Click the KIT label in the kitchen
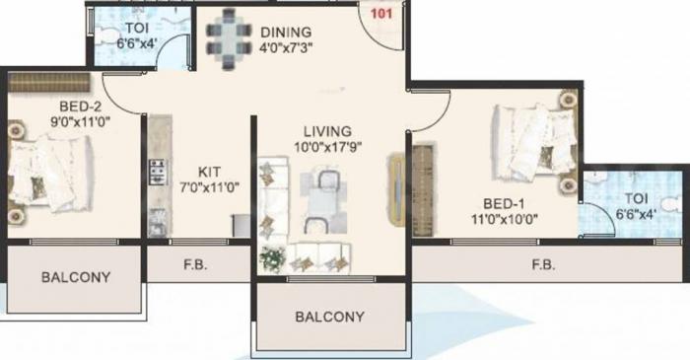pos(208,169)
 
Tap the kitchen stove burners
pos(157,175)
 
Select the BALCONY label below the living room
pos(330,318)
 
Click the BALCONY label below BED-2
pos(76,277)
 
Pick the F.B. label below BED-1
pos(542,265)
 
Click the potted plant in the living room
pos(272,258)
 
